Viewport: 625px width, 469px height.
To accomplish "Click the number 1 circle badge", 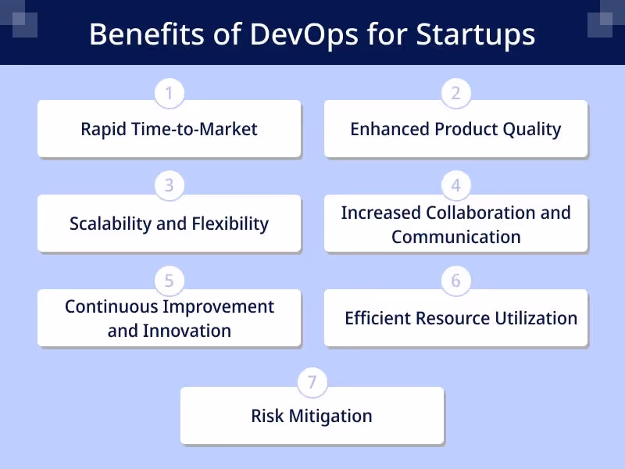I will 169,94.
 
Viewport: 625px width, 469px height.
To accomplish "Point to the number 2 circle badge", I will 455,94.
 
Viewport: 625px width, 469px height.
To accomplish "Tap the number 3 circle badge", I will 169,186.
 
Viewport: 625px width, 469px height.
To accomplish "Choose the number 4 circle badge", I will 455,186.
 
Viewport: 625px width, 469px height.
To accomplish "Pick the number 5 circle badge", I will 169,280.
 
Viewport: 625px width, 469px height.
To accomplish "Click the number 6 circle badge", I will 455,280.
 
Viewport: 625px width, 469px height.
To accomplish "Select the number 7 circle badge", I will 312,382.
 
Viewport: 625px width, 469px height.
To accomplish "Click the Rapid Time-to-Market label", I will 169,129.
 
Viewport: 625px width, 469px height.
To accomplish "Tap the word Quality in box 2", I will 531,129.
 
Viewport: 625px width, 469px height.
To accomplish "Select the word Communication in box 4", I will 455,236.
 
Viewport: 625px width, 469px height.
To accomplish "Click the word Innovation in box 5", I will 187,331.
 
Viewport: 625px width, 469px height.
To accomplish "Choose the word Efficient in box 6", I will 380,318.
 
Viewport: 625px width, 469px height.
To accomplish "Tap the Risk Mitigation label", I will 312,416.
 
